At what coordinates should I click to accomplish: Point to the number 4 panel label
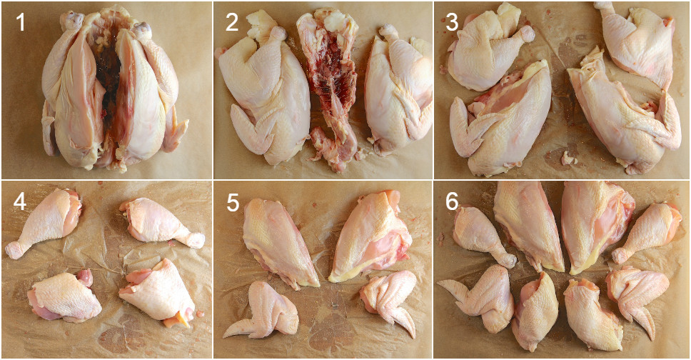pyautogui.click(x=20, y=202)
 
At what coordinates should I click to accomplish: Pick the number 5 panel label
pyautogui.click(x=233, y=202)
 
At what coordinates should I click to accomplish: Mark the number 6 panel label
pyautogui.click(x=452, y=202)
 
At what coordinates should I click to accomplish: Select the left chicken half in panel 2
pyautogui.click(x=261, y=93)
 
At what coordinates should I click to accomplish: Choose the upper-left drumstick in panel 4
pyautogui.click(x=46, y=221)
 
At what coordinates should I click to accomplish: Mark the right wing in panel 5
pyautogui.click(x=389, y=296)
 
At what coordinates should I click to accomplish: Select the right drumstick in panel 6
pyautogui.click(x=650, y=229)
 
